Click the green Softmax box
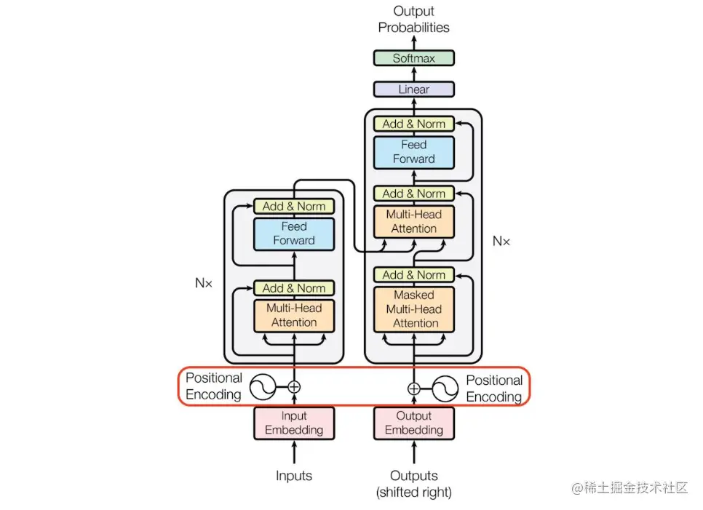[x=413, y=58]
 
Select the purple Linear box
[x=413, y=89]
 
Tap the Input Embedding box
[x=294, y=423]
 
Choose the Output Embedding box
[x=413, y=423]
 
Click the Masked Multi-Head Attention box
[x=413, y=309]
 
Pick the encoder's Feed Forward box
[x=294, y=234]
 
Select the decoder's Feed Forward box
[x=413, y=152]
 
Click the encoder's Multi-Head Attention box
[x=294, y=315]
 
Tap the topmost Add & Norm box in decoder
[x=413, y=124]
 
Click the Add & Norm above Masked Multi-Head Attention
[x=413, y=275]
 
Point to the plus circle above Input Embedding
[x=294, y=387]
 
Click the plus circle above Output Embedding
[x=413, y=389]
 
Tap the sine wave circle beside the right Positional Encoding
[x=444, y=389]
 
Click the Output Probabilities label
[x=413, y=20]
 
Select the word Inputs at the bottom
[x=294, y=476]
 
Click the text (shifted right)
[x=413, y=493]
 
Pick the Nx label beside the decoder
[x=501, y=241]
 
